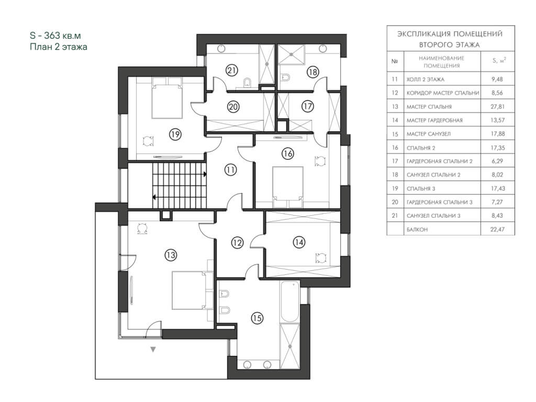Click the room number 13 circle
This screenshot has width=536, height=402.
(x=171, y=255)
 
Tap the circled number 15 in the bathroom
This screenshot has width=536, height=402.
(x=257, y=318)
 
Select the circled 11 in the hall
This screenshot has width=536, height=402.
(x=231, y=170)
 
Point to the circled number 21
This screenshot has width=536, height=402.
(x=232, y=71)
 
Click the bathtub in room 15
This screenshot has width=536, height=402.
(x=289, y=302)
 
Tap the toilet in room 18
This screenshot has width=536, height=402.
(x=285, y=77)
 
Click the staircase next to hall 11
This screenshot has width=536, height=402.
(x=179, y=185)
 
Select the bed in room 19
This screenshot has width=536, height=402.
(x=167, y=98)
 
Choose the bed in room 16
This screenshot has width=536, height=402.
(x=288, y=187)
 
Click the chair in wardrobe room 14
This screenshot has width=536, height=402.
(x=321, y=258)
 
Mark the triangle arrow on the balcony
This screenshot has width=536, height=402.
(x=153, y=350)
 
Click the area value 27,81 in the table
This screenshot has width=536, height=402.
(x=497, y=106)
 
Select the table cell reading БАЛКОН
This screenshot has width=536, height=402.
(x=417, y=229)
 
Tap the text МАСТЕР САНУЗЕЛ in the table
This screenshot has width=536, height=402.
(x=428, y=134)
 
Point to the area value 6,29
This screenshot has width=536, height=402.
(x=497, y=161)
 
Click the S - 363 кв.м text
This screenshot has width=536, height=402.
(x=55, y=36)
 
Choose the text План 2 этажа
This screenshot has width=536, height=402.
(x=59, y=47)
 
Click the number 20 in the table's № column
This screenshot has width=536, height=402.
(x=395, y=202)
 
